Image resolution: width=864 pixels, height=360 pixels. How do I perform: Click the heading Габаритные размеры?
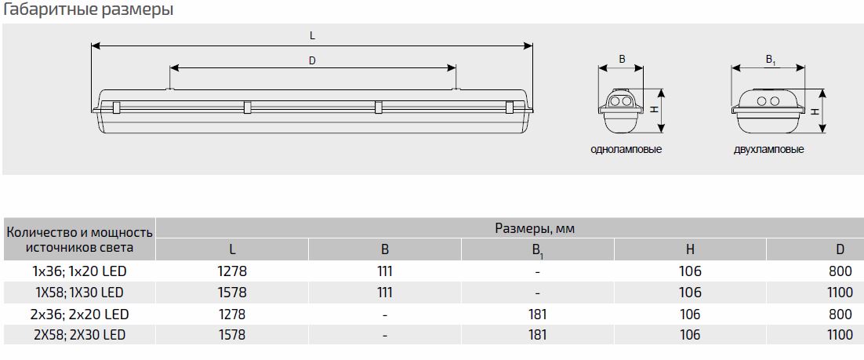(x=89, y=9)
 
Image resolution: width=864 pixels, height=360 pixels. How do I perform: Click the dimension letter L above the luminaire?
(x=312, y=36)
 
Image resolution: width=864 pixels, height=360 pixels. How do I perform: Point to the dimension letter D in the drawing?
(x=312, y=60)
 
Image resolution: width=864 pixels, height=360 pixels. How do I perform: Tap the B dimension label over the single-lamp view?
(x=622, y=59)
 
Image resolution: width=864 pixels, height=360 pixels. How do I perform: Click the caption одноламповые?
(x=626, y=149)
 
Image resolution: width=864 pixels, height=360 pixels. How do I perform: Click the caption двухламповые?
(x=768, y=149)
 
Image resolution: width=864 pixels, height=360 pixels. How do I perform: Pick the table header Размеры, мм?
(x=535, y=228)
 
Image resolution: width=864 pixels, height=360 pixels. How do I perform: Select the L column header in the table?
(x=233, y=249)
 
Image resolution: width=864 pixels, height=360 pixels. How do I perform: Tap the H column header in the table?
(x=690, y=249)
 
